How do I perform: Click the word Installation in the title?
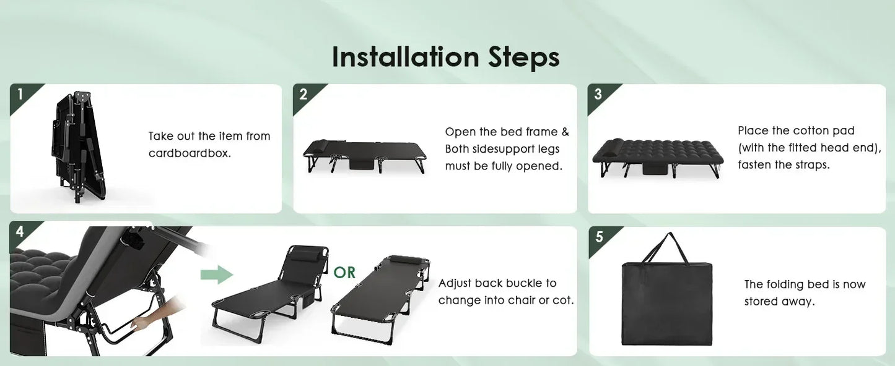405,57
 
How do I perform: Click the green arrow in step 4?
217,274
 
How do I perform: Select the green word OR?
344,273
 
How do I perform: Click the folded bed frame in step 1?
78,146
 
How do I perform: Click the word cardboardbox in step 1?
190,153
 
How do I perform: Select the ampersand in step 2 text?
565,132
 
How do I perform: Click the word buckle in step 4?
520,283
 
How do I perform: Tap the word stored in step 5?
760,302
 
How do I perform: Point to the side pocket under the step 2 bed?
363,163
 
